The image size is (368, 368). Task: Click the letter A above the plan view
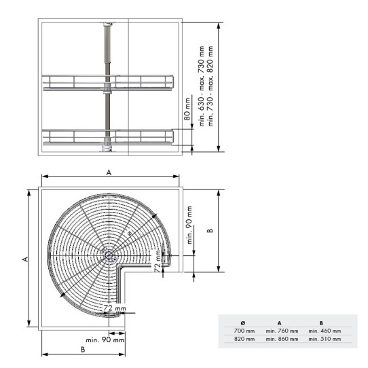point(109,172)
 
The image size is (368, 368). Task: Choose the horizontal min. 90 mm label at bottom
point(105,339)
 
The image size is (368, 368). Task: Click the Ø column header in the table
point(244,323)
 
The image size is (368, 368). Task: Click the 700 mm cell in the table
point(244,331)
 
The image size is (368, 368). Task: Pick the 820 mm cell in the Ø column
point(244,338)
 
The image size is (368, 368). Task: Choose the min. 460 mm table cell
point(325,331)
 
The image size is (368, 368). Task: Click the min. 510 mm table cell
point(325,338)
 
